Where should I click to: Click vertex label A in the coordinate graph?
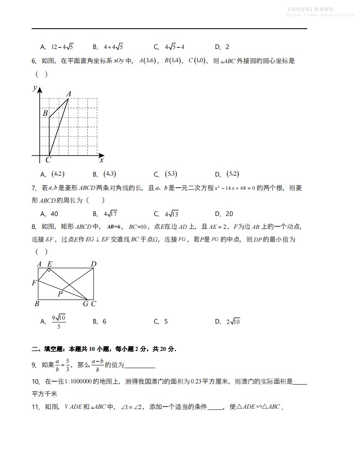tap(69, 94)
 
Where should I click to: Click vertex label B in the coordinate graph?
tap(45, 113)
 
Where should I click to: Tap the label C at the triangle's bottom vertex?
tap(48, 160)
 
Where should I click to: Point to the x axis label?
tap(101, 160)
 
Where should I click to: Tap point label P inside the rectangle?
tap(60, 294)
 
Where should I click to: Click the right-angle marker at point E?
tap(49, 270)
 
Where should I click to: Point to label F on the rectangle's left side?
tap(34, 283)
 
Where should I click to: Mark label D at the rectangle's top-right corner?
tap(94, 264)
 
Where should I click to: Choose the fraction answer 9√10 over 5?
tap(59, 322)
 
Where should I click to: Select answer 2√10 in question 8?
tap(233, 321)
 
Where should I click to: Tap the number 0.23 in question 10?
tap(196, 381)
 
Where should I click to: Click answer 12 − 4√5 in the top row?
tap(62, 47)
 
